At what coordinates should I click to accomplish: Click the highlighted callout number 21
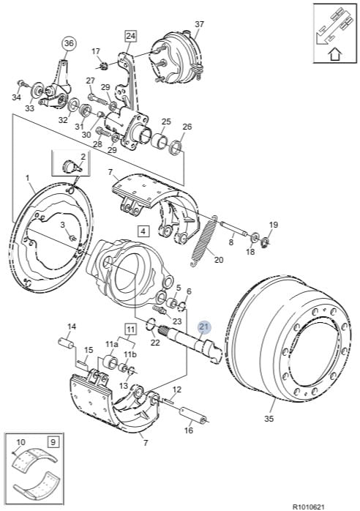[x=204, y=327]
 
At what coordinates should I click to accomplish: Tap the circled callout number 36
[x=69, y=44]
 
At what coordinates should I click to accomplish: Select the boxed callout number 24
[x=130, y=36]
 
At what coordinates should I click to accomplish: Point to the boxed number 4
[x=143, y=231]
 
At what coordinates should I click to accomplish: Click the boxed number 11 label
[x=130, y=329]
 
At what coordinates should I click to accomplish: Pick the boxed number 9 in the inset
[x=53, y=442]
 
